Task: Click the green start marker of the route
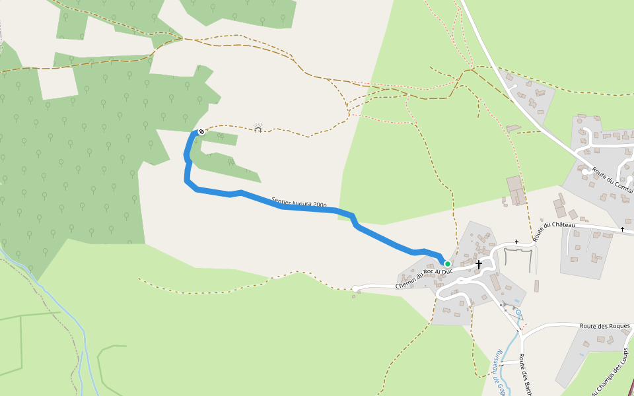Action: pos(447,264)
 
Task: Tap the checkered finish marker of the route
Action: pos(201,132)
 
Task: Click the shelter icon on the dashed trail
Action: pos(258,127)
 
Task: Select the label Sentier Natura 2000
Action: pos(299,203)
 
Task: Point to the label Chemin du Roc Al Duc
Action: pos(423,278)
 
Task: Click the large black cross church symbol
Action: pos(479,264)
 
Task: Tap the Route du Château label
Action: pos(555,232)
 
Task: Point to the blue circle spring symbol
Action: pos(518,312)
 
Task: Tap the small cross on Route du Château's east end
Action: pos(622,229)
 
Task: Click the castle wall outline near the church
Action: pos(517,250)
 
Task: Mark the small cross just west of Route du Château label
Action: pos(517,242)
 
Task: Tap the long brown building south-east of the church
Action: pos(495,282)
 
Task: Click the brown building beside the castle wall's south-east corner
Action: pos(536,286)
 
